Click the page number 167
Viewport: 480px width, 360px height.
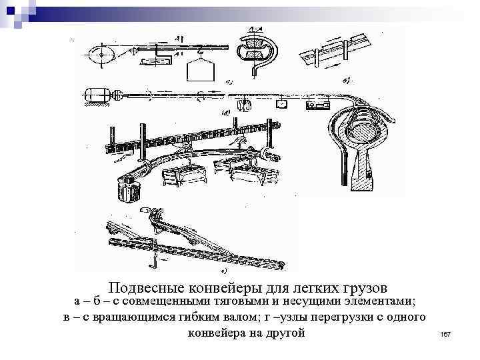coord(446,333)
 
